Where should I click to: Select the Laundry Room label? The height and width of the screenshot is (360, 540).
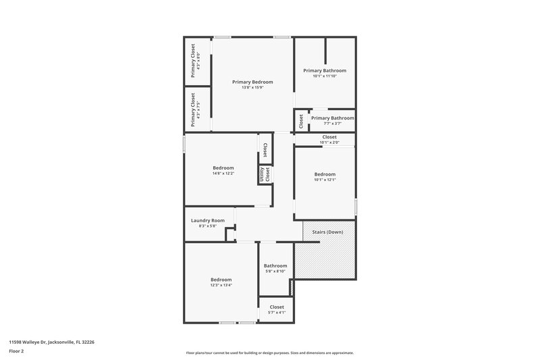point(207,220)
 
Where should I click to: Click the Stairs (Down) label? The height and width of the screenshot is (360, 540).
point(327,232)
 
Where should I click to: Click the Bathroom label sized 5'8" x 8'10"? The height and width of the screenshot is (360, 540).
point(275,265)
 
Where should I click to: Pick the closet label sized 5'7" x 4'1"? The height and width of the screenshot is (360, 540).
point(277,307)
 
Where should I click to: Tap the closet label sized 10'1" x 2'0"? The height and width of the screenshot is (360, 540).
point(329,137)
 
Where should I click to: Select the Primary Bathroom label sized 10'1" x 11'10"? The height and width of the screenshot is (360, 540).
point(325,70)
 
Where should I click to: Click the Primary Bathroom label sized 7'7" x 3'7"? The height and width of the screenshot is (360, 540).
point(332,118)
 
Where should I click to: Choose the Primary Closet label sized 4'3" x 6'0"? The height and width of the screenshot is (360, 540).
point(193,59)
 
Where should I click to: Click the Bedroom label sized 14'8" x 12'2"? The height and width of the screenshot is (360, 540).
point(223,168)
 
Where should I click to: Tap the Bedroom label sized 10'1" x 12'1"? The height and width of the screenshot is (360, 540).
point(325,174)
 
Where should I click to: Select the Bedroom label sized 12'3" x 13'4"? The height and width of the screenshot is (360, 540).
point(221,280)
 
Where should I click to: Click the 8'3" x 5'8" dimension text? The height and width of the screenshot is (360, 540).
point(207,226)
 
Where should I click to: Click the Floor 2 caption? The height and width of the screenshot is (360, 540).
point(16,351)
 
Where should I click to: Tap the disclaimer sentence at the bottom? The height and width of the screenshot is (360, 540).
point(270,353)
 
